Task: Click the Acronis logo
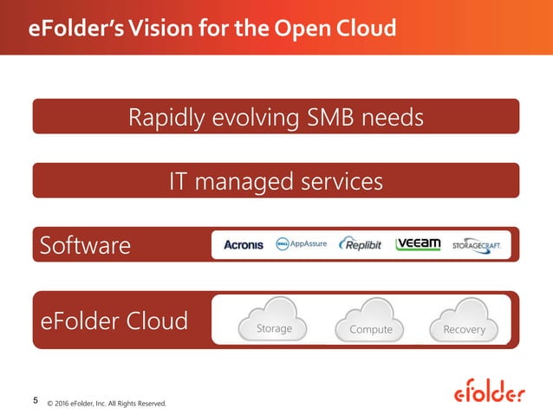243,245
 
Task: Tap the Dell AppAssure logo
301,244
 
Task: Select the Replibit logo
361,244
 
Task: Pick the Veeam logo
419,244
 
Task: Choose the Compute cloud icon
370,322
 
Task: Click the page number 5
35,400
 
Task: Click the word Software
85,246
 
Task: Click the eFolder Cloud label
114,321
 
